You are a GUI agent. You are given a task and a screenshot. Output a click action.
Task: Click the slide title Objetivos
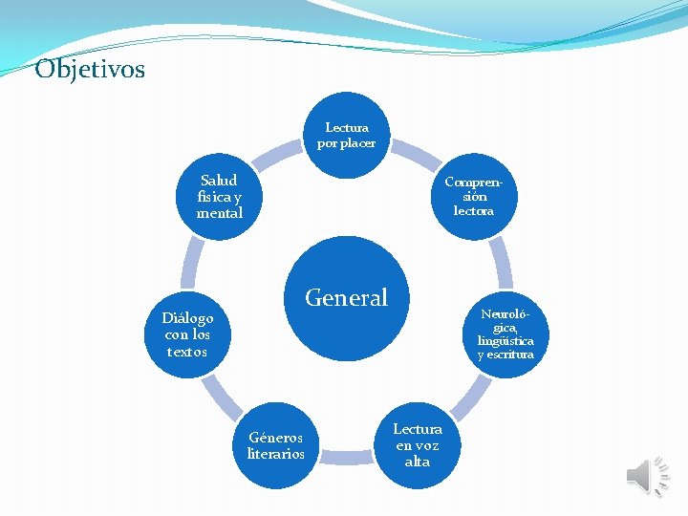tap(90, 70)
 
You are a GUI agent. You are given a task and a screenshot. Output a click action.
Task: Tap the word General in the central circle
tap(346, 298)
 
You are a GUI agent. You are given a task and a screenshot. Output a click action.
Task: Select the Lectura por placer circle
tap(347, 135)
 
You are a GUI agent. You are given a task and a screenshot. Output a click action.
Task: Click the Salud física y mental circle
tap(219, 196)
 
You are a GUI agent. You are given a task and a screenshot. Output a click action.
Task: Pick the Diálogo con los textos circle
tap(186, 334)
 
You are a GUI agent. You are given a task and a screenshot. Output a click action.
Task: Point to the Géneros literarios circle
tap(275, 445)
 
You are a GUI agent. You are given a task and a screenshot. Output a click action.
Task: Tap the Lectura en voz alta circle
tap(418, 445)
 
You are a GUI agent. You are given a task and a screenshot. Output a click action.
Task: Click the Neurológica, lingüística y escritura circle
tap(505, 334)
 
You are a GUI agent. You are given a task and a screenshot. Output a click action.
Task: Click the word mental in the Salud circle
tap(220, 213)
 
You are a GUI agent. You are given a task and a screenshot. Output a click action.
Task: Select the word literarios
tap(275, 454)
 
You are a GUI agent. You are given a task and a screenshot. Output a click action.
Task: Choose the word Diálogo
tap(187, 318)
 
